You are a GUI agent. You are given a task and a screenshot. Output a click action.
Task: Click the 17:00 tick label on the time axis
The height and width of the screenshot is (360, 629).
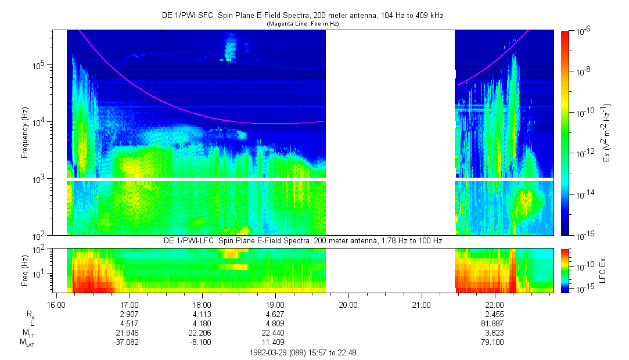pyautogui.click(x=129, y=303)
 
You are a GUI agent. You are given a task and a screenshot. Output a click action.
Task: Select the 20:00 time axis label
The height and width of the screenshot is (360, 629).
pyautogui.click(x=348, y=303)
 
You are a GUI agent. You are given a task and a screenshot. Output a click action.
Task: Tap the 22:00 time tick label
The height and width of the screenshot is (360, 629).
pyautogui.click(x=494, y=303)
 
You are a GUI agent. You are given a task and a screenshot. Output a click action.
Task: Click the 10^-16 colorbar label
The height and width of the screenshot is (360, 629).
pyautogui.click(x=583, y=235)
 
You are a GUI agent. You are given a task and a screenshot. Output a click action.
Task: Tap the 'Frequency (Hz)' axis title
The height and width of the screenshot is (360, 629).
pyautogui.click(x=25, y=132)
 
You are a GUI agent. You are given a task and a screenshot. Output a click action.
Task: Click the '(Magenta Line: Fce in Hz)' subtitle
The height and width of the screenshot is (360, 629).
pyautogui.click(x=303, y=24)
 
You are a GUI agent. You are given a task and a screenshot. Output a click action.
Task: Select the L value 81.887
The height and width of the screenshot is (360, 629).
pyautogui.click(x=494, y=323)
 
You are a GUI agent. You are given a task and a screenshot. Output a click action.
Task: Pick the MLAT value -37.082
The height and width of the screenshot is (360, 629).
pyautogui.click(x=129, y=343)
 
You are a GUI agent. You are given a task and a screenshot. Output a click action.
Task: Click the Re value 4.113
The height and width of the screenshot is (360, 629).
pyautogui.click(x=202, y=313)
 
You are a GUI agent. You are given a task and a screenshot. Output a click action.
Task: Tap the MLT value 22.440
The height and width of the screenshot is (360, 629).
pyautogui.click(x=275, y=333)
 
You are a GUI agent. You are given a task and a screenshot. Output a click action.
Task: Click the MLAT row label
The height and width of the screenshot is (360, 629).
pyautogui.click(x=26, y=343)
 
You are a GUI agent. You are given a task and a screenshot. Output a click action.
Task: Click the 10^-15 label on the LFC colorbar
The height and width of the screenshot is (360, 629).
pyautogui.click(x=583, y=289)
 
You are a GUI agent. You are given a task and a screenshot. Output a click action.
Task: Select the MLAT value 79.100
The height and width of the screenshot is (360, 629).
pyautogui.click(x=494, y=343)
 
